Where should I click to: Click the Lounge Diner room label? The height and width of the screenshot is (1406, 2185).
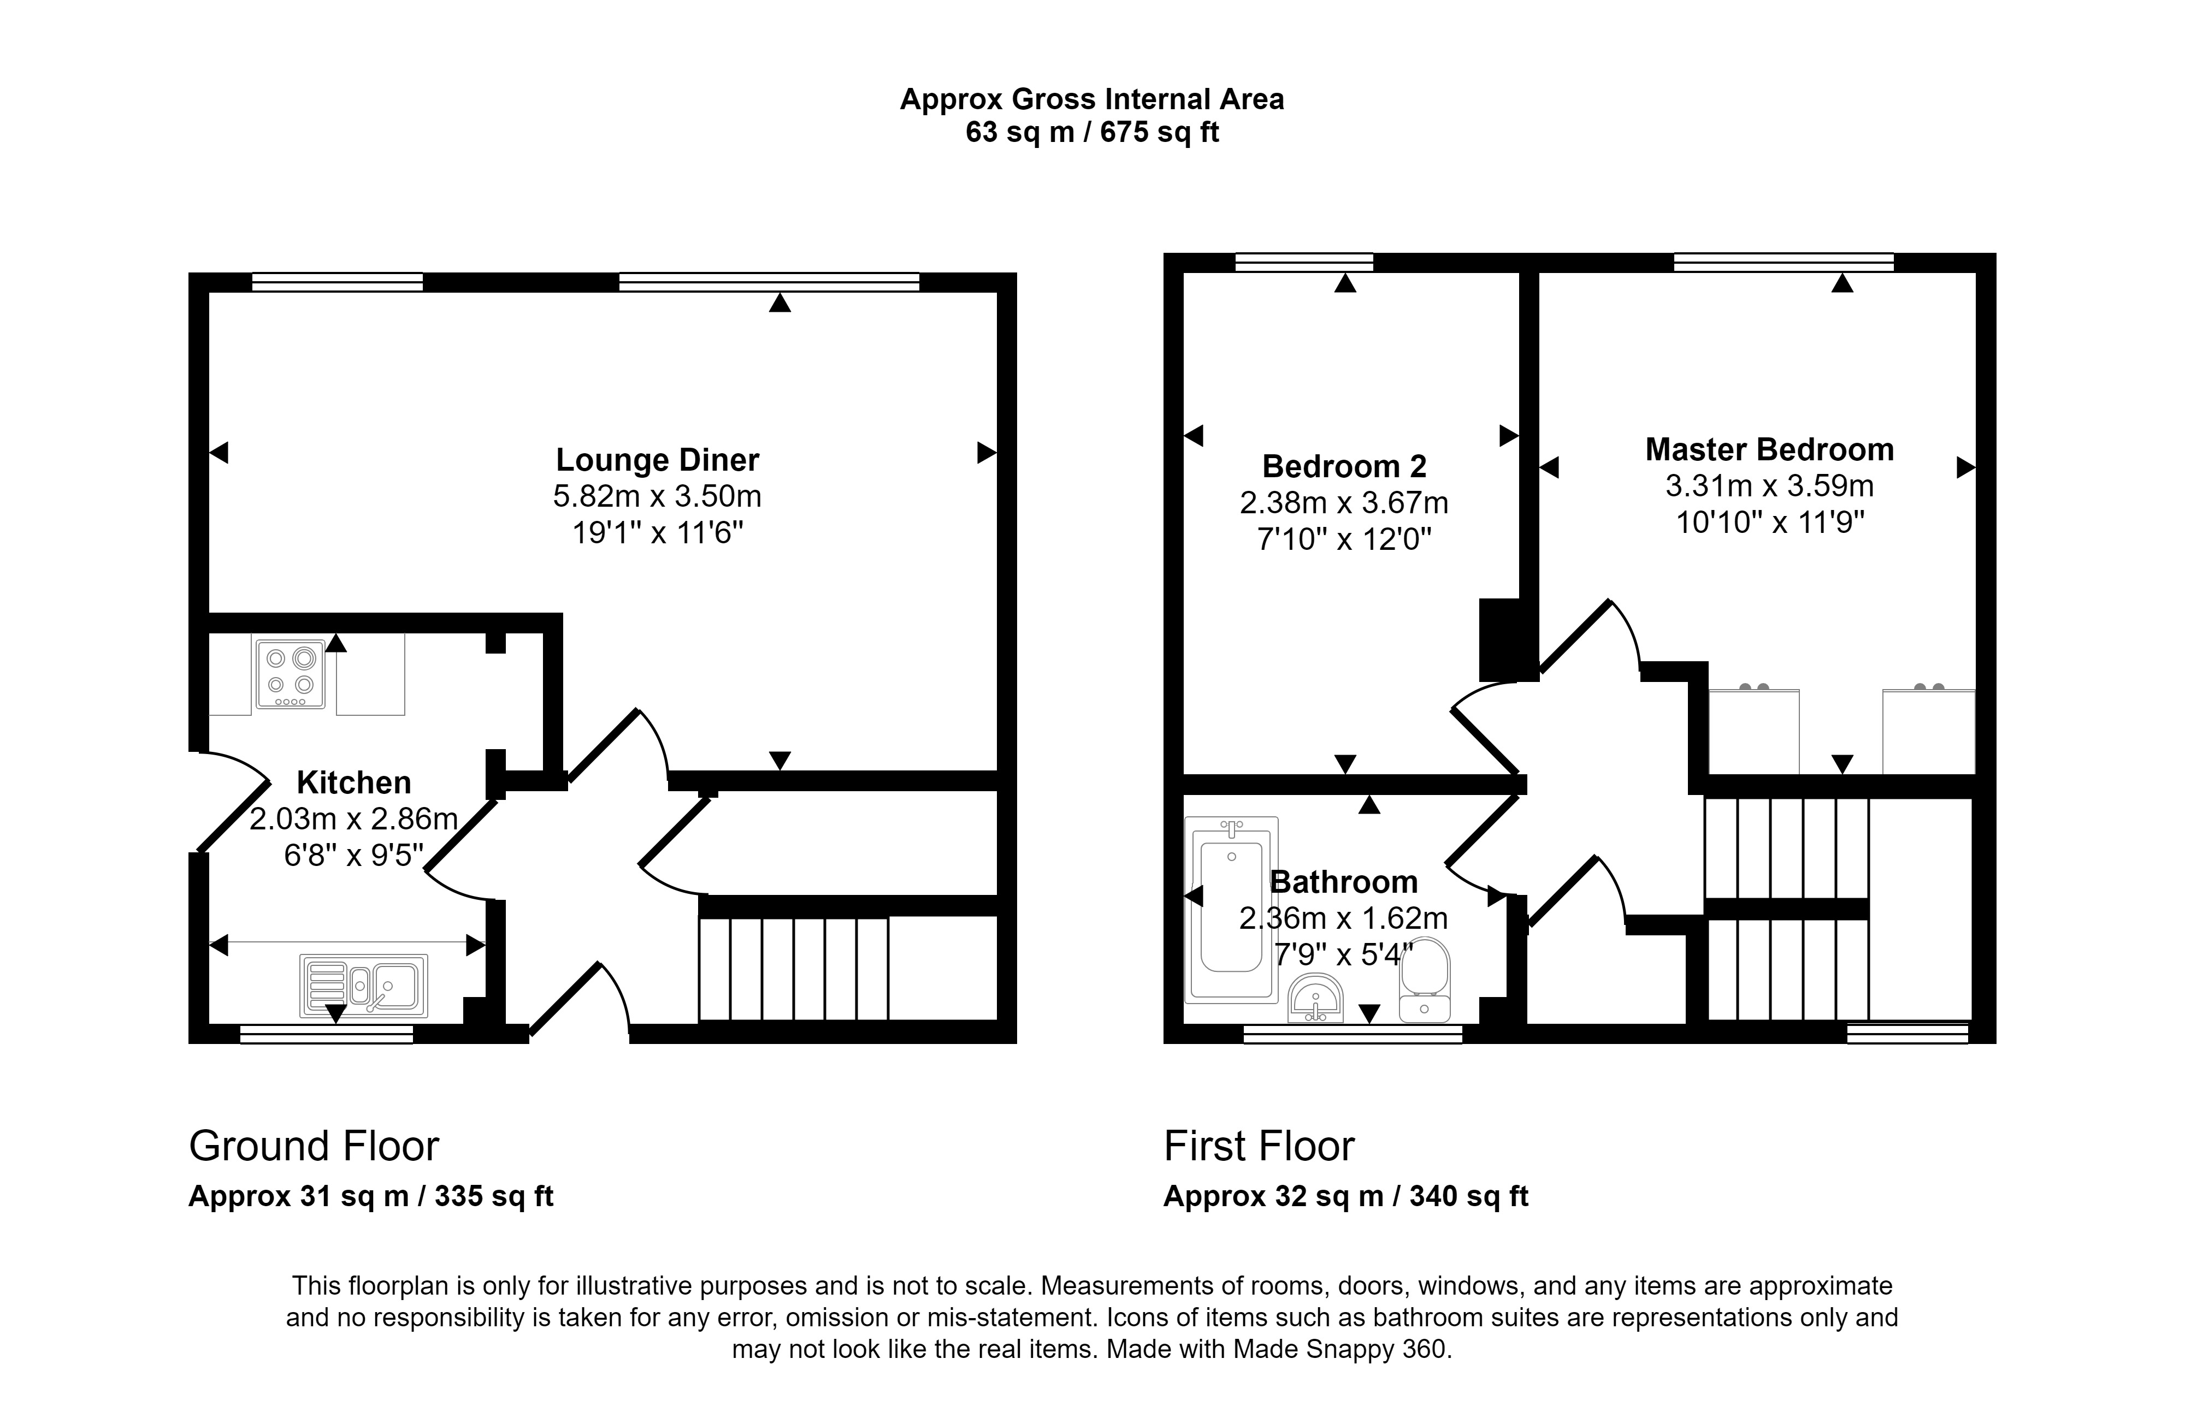pos(658,460)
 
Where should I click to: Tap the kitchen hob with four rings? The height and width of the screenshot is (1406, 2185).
pos(291,674)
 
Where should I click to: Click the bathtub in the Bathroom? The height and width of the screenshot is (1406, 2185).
pos(1231,909)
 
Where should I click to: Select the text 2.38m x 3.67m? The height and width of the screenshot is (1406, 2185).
pos(1343,503)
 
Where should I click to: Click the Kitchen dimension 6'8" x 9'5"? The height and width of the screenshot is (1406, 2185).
pos(353,856)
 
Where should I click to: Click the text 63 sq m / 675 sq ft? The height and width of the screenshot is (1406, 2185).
pos(1092,132)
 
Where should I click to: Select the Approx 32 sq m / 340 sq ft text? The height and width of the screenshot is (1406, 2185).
pos(1345,1196)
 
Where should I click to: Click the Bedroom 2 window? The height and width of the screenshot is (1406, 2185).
pos(1304,263)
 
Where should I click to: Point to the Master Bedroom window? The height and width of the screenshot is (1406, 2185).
pos(1784,263)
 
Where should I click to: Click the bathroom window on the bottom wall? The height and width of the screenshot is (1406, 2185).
pos(1353,1034)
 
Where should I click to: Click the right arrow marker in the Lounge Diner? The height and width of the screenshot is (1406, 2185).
pos(986,452)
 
